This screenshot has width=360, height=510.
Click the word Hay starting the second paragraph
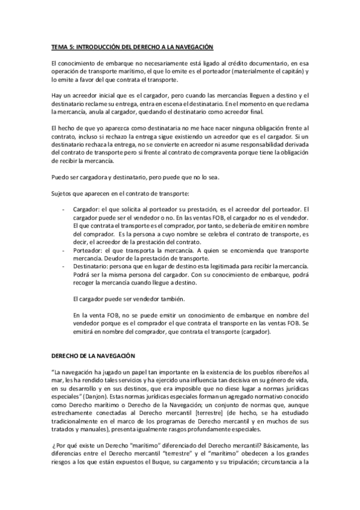[55, 96]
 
